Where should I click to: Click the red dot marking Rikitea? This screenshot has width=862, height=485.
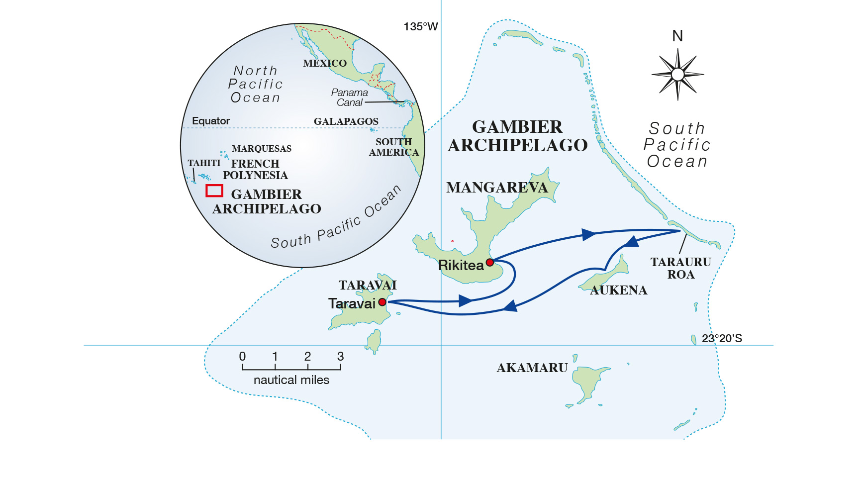[489, 262]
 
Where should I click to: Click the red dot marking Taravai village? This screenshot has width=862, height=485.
[382, 302]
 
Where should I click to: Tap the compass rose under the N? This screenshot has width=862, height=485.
[677, 75]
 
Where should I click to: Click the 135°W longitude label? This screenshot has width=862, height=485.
[420, 27]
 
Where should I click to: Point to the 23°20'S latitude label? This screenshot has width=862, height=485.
[721, 338]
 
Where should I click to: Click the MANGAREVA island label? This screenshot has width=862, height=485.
[496, 188]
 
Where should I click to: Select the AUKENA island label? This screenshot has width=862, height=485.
[618, 290]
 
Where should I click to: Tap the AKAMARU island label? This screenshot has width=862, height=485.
[532, 368]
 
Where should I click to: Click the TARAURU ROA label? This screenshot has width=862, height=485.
[680, 268]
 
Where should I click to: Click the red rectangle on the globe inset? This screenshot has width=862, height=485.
[214, 191]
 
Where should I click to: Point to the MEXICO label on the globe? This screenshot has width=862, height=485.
[324, 63]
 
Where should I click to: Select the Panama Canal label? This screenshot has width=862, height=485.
[349, 97]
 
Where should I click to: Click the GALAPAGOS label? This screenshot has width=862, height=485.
[346, 121]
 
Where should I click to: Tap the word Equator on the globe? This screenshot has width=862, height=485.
[211, 121]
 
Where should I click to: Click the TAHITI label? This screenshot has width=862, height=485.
[204, 163]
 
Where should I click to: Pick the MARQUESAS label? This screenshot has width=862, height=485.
[262, 149]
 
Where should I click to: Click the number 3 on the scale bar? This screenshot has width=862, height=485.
[340, 356]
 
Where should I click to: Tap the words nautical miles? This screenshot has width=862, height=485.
[291, 380]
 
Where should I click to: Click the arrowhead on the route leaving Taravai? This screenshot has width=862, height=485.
[466, 300]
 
